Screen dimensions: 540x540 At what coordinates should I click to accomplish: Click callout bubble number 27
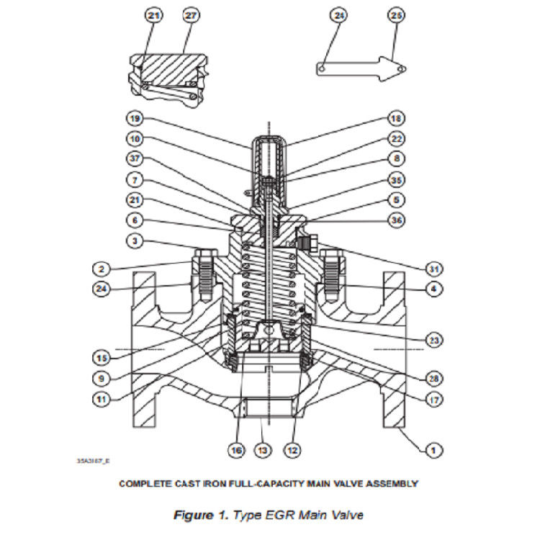190,15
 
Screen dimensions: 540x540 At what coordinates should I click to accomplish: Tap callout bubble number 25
395,15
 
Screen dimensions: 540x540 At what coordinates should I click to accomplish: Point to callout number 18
395,118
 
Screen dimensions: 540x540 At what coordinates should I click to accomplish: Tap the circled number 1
432,451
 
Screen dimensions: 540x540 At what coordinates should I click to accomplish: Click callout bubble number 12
292,451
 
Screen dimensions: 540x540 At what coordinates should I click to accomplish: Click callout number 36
395,220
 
